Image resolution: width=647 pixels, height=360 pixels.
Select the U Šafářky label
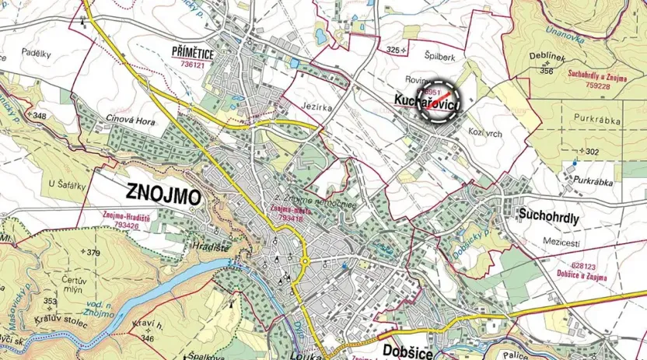[66, 184]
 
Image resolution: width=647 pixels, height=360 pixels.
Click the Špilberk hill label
[439, 56]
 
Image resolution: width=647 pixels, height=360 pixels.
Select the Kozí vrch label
[487, 133]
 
